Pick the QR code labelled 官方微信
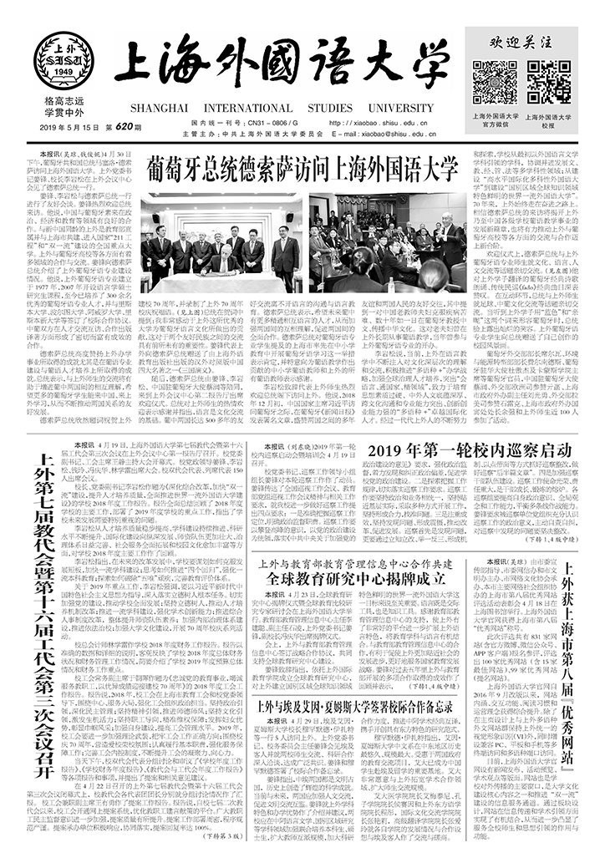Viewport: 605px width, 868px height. click(x=496, y=83)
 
